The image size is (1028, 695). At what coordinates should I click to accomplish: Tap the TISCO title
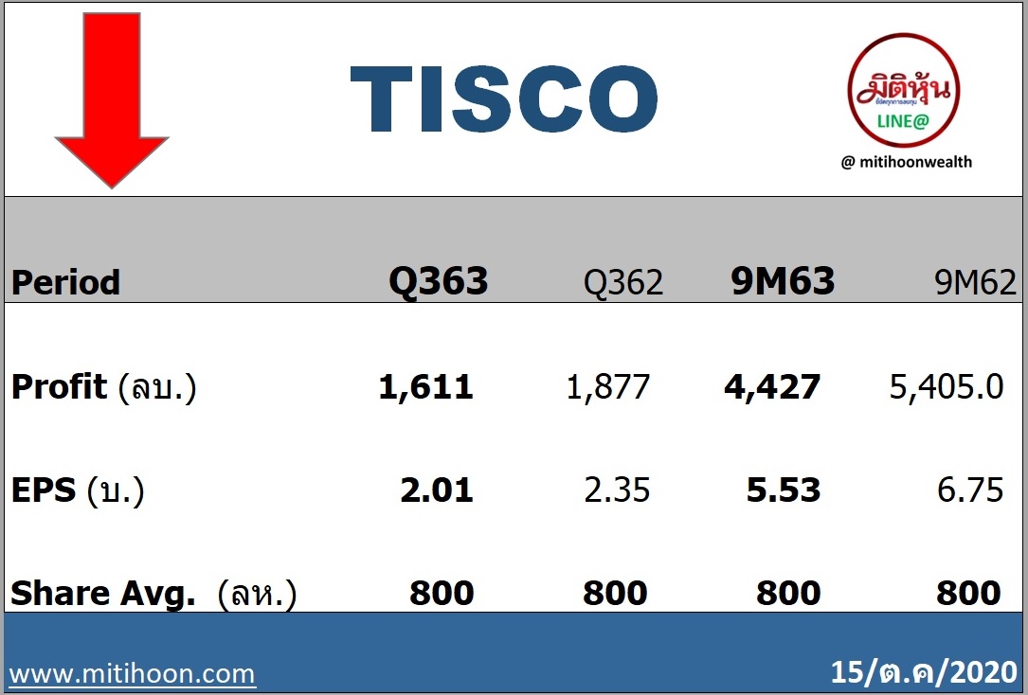[503, 98]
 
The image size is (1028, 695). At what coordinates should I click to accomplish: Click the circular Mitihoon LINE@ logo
[904, 90]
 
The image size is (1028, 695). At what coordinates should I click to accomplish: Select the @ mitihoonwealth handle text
[907, 162]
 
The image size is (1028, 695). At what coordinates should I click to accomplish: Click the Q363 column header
[438, 281]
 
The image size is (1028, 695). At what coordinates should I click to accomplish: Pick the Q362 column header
[623, 283]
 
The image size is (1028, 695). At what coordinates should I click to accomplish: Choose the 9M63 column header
[783, 281]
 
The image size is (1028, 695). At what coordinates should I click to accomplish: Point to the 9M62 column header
[976, 282]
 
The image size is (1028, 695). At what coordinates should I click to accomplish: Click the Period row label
[65, 283]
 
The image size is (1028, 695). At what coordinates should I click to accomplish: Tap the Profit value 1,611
[426, 387]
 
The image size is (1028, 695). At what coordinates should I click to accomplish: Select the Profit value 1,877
[607, 387]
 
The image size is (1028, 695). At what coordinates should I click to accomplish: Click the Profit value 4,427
[772, 387]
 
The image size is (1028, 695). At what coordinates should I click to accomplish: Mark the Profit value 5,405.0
[947, 387]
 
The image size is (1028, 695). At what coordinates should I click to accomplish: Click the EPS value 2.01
[437, 490]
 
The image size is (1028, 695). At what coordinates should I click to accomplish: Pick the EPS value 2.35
[617, 490]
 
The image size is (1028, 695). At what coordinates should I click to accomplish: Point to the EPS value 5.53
[784, 490]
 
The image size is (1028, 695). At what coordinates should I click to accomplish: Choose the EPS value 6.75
[970, 490]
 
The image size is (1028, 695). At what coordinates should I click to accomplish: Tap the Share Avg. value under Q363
[442, 594]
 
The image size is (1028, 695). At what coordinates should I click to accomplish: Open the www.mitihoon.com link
[133, 674]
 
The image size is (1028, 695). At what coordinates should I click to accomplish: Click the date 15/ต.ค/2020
[924, 672]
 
